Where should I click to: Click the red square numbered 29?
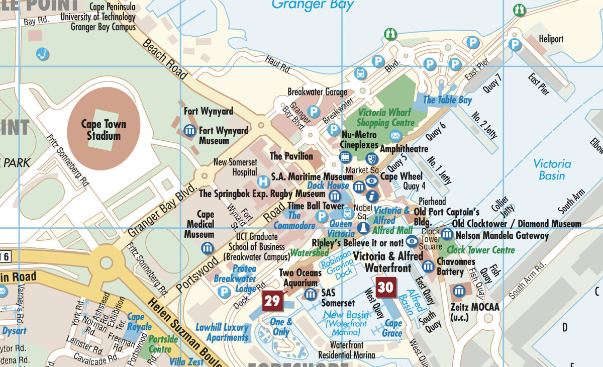[x=272, y=301]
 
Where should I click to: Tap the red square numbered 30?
[x=385, y=287]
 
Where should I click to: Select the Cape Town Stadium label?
[x=104, y=130]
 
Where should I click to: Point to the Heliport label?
[x=551, y=39]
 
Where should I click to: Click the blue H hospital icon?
[x=262, y=181]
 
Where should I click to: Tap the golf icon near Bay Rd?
[x=43, y=53]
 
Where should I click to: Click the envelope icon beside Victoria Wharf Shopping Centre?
[x=395, y=135]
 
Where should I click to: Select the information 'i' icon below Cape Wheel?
[x=372, y=196]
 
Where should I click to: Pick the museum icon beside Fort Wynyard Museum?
[x=190, y=131]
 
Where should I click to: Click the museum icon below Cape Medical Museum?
[x=207, y=247]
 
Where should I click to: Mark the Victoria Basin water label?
[x=552, y=169]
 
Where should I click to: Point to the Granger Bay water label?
[x=313, y=6]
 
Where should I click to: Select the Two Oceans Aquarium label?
[x=300, y=278]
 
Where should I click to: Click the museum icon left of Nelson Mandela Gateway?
[x=447, y=234]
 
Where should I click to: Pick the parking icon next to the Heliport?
[x=514, y=45]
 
